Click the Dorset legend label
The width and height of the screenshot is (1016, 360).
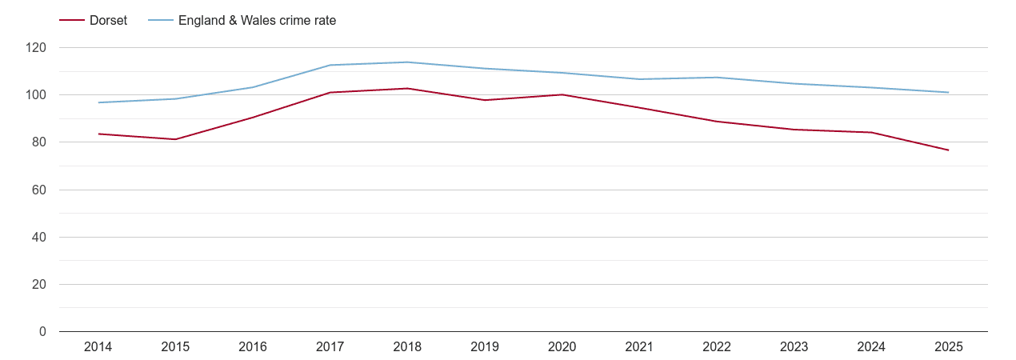click(x=108, y=21)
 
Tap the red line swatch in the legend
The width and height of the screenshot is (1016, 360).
click(x=72, y=21)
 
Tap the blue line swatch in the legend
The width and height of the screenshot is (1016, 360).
click(x=161, y=21)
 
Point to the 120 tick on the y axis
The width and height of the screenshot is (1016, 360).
click(x=36, y=48)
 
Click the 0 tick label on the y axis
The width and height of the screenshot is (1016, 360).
click(x=42, y=332)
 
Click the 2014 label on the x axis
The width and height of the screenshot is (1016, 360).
click(x=98, y=347)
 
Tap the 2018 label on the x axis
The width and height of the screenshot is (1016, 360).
click(x=407, y=347)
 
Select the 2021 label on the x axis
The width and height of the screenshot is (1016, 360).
click(x=639, y=347)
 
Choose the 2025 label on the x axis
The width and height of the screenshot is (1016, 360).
click(x=949, y=347)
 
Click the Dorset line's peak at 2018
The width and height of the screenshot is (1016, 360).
click(x=407, y=88)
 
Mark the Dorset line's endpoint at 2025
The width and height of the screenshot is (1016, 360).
click(x=949, y=150)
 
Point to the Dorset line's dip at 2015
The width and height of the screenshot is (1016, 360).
click(x=175, y=139)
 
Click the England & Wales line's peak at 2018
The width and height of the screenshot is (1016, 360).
click(x=407, y=62)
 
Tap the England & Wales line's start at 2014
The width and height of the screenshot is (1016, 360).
click(x=98, y=102)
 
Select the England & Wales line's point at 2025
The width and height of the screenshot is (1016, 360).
click(x=949, y=93)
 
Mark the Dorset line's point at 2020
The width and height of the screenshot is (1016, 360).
click(x=562, y=94)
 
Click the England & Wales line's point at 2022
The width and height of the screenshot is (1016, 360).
click(x=717, y=78)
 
